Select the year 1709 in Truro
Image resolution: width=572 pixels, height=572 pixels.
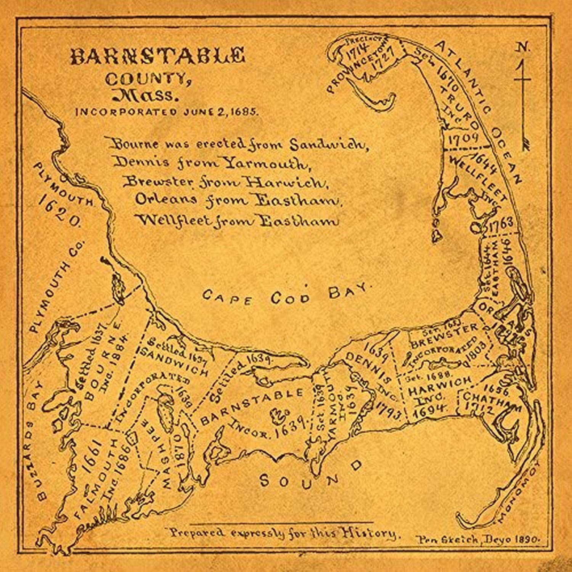(463, 138)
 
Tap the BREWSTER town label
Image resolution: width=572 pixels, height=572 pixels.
(445, 336)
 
